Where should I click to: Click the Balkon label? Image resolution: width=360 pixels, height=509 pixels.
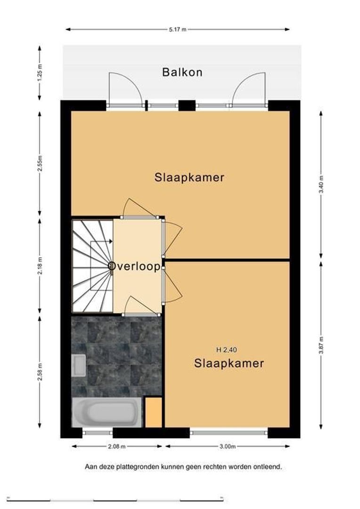click(182, 72)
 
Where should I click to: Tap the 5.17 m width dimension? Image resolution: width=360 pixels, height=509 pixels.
click(178, 30)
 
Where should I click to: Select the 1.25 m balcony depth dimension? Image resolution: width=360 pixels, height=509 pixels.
click(40, 73)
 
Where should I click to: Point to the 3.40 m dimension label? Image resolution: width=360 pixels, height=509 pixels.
click(321, 184)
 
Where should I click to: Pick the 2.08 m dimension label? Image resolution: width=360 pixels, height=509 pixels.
click(116, 446)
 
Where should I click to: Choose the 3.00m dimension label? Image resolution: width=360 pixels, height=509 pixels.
click(227, 446)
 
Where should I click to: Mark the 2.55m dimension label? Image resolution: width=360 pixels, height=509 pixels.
click(40, 164)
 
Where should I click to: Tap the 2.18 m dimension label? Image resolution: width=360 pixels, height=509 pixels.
click(40, 265)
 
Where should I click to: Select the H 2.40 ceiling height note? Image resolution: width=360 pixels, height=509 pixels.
click(227, 350)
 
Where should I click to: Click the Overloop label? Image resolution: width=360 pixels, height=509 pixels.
click(134, 266)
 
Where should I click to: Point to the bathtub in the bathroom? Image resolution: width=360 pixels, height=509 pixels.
click(107, 412)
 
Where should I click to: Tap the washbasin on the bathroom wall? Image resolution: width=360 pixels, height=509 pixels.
click(79, 365)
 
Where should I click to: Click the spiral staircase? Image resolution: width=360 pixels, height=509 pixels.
click(92, 266)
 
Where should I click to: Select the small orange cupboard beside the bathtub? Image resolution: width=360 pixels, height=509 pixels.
click(153, 412)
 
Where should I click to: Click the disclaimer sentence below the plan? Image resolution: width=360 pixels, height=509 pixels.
click(183, 467)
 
